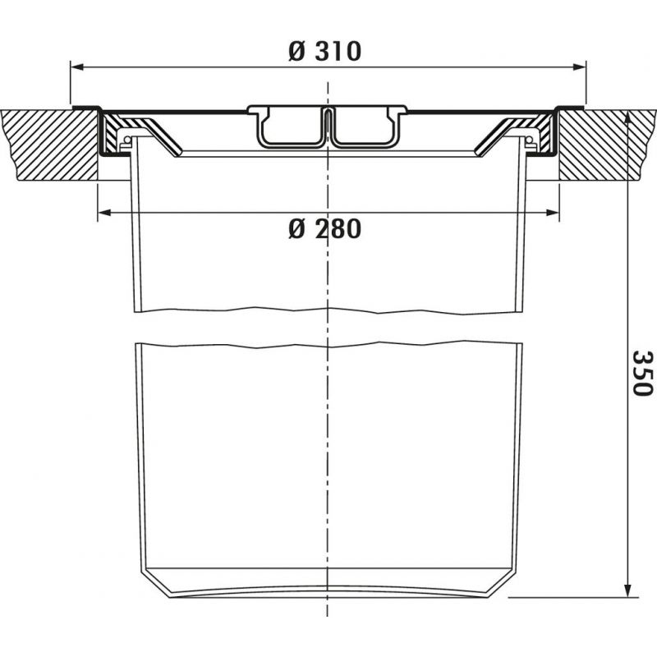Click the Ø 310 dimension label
point(324,52)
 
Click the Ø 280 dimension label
point(324,229)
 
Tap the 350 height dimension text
point(642,374)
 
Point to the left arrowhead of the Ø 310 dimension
point(76,67)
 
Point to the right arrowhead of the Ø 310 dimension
point(580,67)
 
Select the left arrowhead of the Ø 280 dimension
point(104,213)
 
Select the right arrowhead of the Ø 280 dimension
point(553,213)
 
